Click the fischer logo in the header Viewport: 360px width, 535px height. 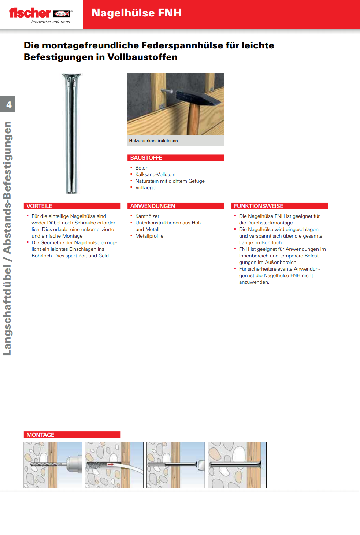point(40,14)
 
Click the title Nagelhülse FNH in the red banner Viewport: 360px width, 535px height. point(136,13)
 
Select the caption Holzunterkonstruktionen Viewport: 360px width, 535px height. point(153,141)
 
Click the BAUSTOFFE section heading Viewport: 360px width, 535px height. point(146,158)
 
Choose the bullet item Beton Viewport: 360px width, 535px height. point(142,168)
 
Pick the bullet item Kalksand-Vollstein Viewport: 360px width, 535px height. point(155,175)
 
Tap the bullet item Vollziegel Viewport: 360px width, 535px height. point(146,188)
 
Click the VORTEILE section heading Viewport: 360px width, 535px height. point(39,206)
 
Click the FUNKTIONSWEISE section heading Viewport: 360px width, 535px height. point(259,206)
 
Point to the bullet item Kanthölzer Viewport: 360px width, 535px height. point(147,216)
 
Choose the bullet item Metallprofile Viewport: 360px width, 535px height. point(149,236)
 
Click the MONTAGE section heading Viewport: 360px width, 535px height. point(40,435)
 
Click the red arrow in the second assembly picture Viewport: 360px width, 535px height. point(110,464)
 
